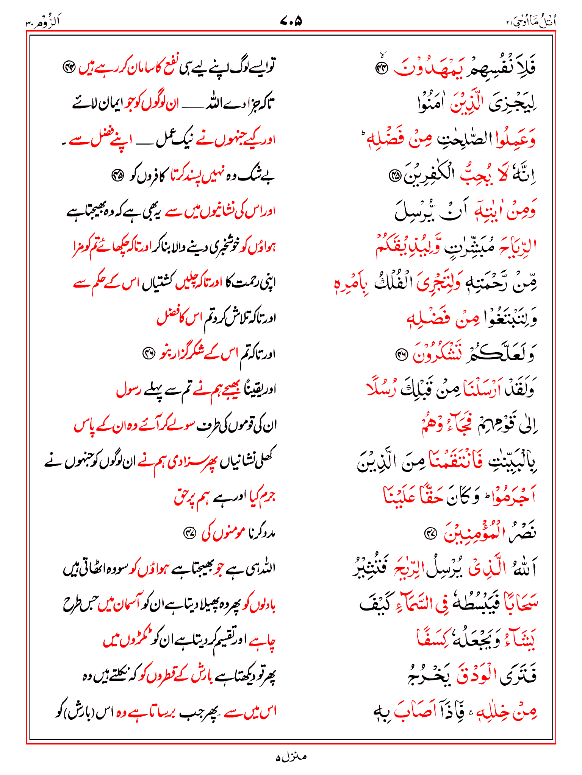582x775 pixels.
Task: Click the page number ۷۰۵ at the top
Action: coord(291,21)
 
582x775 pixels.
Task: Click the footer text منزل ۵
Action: coord(291,757)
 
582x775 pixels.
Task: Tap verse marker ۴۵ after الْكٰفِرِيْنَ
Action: coord(395,175)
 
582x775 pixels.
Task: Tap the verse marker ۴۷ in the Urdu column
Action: coord(189,534)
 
